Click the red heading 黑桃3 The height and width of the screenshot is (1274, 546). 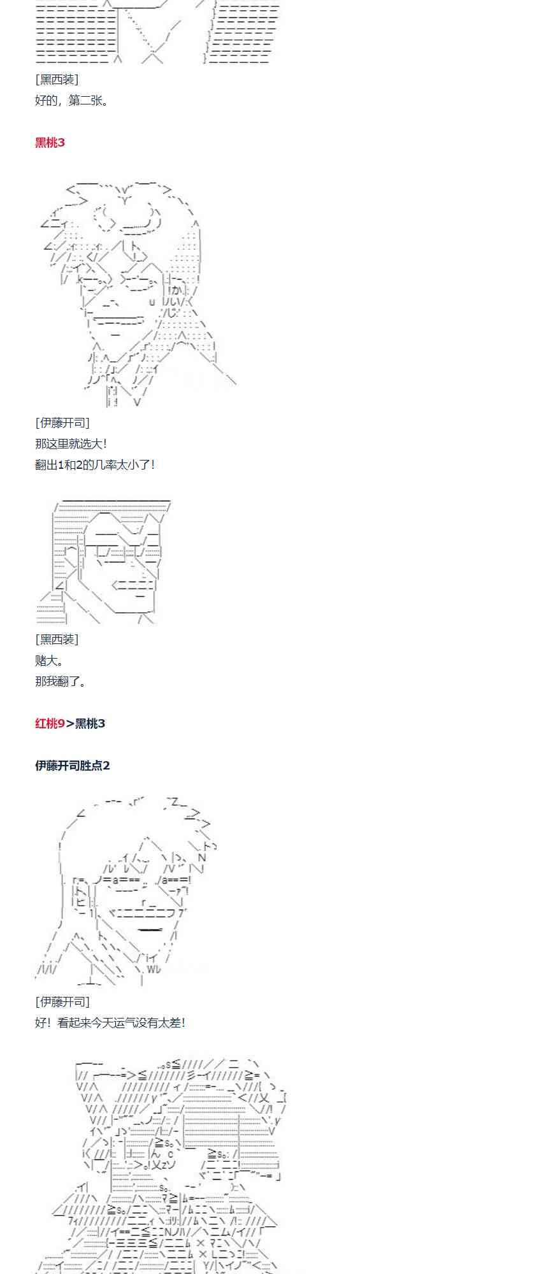pyautogui.click(x=50, y=143)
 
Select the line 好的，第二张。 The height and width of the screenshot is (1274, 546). pyautogui.click(x=72, y=101)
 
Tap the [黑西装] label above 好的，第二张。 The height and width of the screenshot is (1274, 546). pyautogui.click(x=57, y=80)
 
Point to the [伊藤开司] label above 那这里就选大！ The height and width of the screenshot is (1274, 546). pyautogui.click(x=62, y=423)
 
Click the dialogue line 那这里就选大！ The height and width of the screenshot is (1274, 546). pyautogui.click(x=71, y=444)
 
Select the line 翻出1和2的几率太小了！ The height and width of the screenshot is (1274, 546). pyautogui.click(x=95, y=465)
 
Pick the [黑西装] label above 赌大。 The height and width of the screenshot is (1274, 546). pyautogui.click(x=57, y=640)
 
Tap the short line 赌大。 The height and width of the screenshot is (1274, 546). pyautogui.click(x=49, y=661)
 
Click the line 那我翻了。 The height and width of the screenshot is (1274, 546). pyautogui.click(x=61, y=682)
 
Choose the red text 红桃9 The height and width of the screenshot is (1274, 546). pyautogui.click(x=50, y=724)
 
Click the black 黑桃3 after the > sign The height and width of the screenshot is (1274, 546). pyautogui.click(x=90, y=724)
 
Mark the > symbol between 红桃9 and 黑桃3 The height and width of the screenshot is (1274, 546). pyautogui.click(x=70, y=724)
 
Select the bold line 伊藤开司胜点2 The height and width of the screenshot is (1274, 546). pyautogui.click(x=72, y=766)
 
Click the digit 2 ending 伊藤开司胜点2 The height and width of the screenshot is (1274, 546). pyautogui.click(x=106, y=766)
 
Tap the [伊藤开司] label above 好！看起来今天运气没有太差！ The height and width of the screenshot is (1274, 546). pyautogui.click(x=62, y=1002)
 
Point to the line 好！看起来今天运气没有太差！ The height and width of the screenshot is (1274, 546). pyautogui.click(x=110, y=1023)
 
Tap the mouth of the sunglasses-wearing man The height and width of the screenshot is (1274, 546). pyautogui.click(x=133, y=585)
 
